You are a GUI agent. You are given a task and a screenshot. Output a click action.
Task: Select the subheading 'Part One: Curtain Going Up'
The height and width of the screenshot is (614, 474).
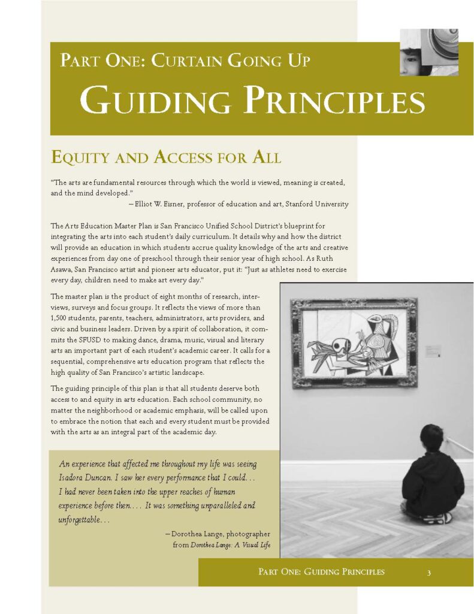[x=185, y=61]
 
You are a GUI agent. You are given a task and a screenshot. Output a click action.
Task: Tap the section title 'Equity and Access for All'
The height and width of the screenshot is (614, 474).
[x=166, y=158]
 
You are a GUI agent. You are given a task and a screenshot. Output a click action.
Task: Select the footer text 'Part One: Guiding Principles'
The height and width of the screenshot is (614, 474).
[x=321, y=572]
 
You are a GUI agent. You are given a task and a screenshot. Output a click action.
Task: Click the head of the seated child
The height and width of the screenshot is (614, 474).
[x=431, y=438]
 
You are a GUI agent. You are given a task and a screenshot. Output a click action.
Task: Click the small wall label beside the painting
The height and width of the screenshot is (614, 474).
[x=433, y=351]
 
